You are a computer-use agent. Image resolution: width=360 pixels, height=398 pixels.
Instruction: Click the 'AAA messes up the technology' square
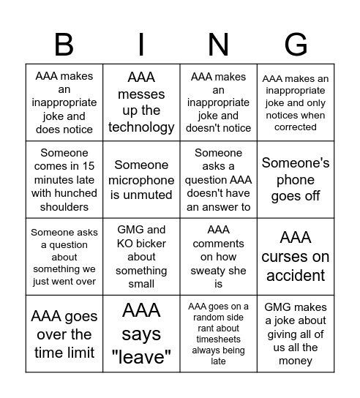click(141, 102)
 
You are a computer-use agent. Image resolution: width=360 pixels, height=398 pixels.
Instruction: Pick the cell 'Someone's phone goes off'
click(296, 180)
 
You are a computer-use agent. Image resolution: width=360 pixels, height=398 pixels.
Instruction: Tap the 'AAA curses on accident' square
click(296, 256)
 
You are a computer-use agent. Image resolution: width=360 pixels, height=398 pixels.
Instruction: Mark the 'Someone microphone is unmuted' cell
click(141, 180)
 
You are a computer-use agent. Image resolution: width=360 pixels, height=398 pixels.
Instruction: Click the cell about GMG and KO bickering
click(141, 256)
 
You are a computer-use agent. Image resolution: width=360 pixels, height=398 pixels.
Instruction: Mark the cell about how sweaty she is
click(219, 256)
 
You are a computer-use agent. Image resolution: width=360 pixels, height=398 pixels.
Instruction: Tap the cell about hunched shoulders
click(64, 180)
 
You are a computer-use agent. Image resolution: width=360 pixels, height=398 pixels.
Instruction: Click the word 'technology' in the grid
click(141, 127)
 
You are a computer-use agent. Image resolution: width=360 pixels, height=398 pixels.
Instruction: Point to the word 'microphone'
click(141, 180)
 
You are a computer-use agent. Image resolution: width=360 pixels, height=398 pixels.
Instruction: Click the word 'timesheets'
click(218, 339)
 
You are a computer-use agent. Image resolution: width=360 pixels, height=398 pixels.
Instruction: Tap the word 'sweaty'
click(219, 270)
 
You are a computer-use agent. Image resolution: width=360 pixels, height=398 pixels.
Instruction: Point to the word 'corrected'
click(296, 127)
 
